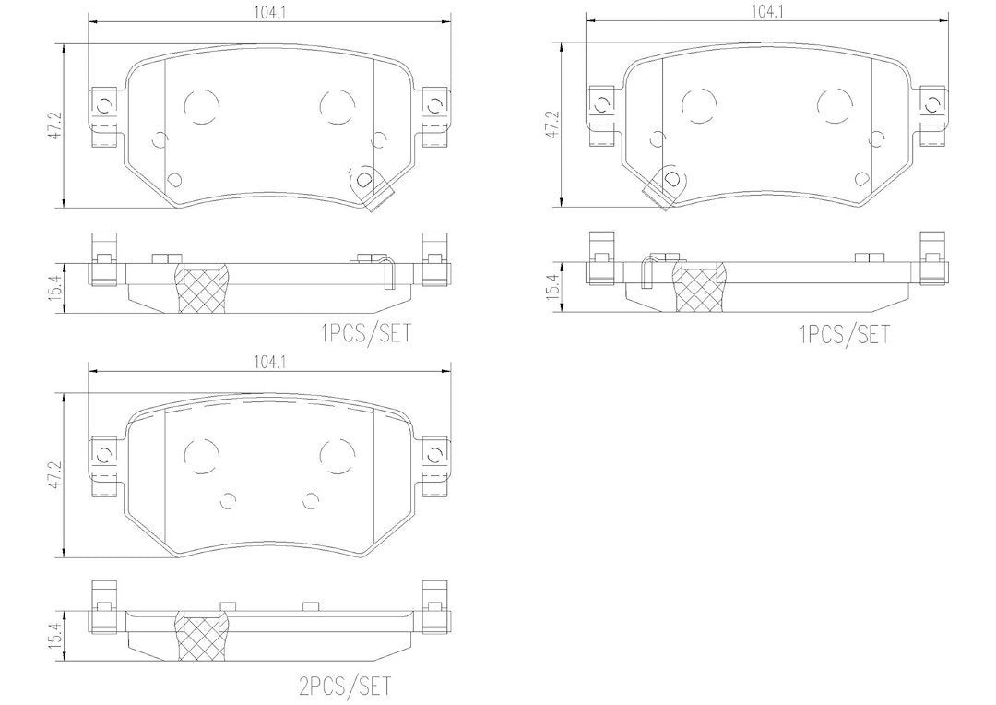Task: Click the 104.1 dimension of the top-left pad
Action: tap(268, 11)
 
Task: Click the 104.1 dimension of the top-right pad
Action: tap(766, 11)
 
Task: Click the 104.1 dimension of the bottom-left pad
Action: tap(268, 362)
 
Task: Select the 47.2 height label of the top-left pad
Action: tap(56, 125)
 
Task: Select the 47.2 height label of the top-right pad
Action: tap(553, 125)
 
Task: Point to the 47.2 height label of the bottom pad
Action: tap(56, 474)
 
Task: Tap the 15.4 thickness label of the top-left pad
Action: tap(56, 289)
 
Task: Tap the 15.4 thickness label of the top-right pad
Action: tap(553, 287)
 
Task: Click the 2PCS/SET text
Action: tap(345, 686)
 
